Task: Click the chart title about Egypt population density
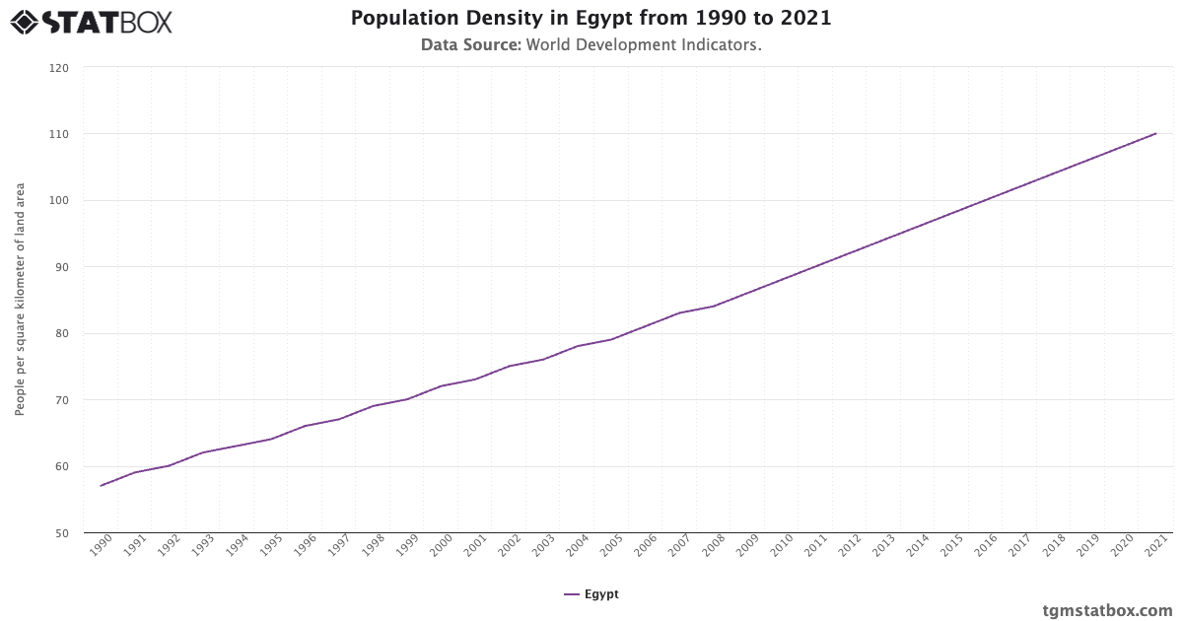coord(591,19)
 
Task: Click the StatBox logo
coord(92,22)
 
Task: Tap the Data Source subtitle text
coord(591,45)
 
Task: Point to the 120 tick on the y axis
coord(60,68)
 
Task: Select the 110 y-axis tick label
coord(60,134)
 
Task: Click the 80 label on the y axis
coord(62,334)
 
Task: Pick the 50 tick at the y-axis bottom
coord(62,533)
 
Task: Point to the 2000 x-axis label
coord(443,548)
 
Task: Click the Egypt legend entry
coord(591,594)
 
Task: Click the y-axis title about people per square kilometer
coord(20,300)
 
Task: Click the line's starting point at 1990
coord(101,486)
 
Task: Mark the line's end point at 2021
coord(1155,133)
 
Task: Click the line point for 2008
coord(714,306)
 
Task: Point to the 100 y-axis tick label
coord(60,201)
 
